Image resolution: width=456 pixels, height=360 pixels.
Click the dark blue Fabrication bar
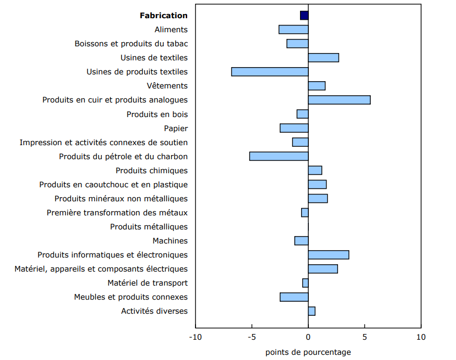(304, 16)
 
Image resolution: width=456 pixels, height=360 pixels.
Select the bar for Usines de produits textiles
(270, 72)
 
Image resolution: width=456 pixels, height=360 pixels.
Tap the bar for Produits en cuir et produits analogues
(339, 100)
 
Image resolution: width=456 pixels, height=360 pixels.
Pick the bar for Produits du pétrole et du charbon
(279, 156)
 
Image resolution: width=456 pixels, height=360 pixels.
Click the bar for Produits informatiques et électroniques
(329, 255)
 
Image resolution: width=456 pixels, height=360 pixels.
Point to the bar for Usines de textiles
(323, 58)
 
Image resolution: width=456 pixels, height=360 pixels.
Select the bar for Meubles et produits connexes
(294, 297)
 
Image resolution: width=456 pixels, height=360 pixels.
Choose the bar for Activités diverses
(311, 311)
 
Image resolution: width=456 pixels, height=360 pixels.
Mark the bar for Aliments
(293, 30)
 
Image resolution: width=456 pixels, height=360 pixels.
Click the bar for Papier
(294, 128)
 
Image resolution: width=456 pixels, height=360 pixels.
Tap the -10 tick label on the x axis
(196, 337)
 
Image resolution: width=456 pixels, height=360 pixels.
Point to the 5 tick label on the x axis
(364, 337)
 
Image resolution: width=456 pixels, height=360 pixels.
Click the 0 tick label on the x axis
(308, 337)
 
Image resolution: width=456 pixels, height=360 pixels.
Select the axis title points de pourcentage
(308, 352)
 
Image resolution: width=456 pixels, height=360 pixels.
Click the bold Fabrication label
(163, 16)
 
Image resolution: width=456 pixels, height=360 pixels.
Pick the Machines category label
(170, 241)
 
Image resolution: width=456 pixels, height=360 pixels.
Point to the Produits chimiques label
(151, 171)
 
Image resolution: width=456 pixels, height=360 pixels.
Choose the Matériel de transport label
(148, 283)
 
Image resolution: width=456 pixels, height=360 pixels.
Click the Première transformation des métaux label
(117, 213)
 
